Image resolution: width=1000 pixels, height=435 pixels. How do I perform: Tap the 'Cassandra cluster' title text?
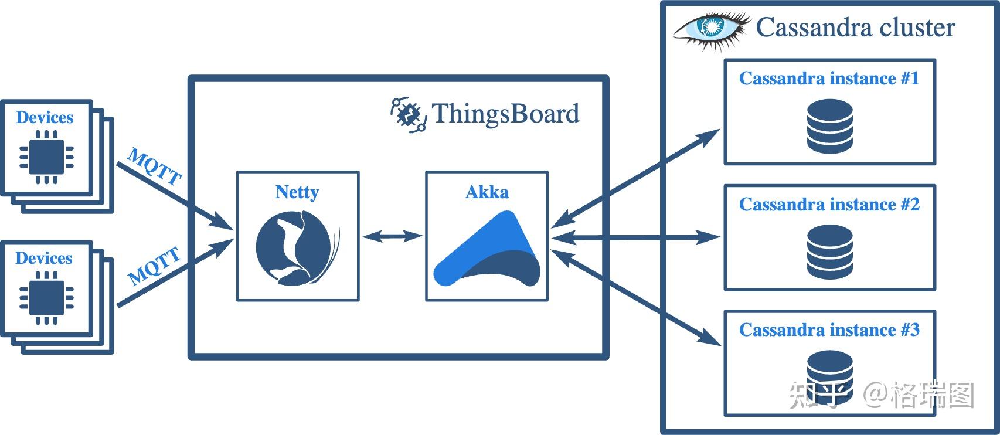point(855,28)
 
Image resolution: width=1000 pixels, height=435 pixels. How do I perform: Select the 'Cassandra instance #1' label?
point(829,78)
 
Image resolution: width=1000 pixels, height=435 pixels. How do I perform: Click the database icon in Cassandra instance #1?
point(830,127)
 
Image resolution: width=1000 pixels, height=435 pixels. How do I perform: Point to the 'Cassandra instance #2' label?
point(829,204)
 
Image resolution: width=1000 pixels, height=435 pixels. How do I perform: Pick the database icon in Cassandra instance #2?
point(830,252)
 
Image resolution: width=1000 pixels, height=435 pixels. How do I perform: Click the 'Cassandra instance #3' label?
point(829,329)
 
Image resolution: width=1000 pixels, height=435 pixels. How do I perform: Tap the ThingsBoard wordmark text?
point(505,113)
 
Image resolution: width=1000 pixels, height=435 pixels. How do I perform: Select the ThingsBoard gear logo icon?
point(409,115)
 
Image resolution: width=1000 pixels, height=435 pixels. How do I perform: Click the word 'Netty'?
point(297,192)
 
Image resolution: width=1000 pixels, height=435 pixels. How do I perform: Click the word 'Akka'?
point(487,192)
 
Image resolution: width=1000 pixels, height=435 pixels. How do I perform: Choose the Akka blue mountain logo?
point(487,249)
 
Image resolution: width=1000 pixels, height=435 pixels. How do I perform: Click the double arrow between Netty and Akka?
point(392,236)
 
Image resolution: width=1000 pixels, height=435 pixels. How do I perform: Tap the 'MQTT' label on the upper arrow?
point(155,166)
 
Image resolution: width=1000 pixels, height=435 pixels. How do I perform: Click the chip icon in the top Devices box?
point(46,157)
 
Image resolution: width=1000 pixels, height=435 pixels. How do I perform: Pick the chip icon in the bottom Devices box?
point(46,297)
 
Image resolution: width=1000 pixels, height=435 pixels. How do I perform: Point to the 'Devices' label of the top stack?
point(45,117)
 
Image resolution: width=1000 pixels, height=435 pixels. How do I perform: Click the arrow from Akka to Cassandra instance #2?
point(636,237)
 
